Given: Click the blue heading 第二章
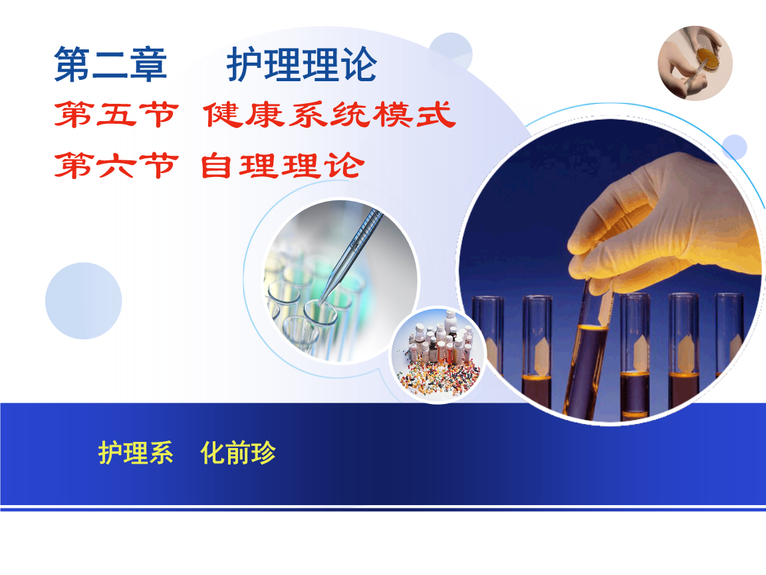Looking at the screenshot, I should [x=110, y=65].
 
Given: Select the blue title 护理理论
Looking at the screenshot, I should [x=302, y=65].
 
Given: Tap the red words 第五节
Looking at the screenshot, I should [x=116, y=115].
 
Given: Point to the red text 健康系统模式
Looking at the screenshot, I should [x=329, y=115].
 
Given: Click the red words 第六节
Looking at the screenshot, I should [x=116, y=165].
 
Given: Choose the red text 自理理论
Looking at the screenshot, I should [x=281, y=165].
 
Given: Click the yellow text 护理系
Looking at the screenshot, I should [x=136, y=453].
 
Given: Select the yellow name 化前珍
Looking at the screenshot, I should [x=238, y=453].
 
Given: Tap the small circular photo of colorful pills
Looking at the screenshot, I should [x=438, y=355].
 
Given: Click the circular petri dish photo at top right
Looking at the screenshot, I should [x=696, y=63].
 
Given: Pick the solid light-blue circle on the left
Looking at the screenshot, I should [x=84, y=301].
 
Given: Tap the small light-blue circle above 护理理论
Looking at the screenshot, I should [x=450, y=51].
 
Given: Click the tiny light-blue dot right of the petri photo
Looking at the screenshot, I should [x=735, y=147].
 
